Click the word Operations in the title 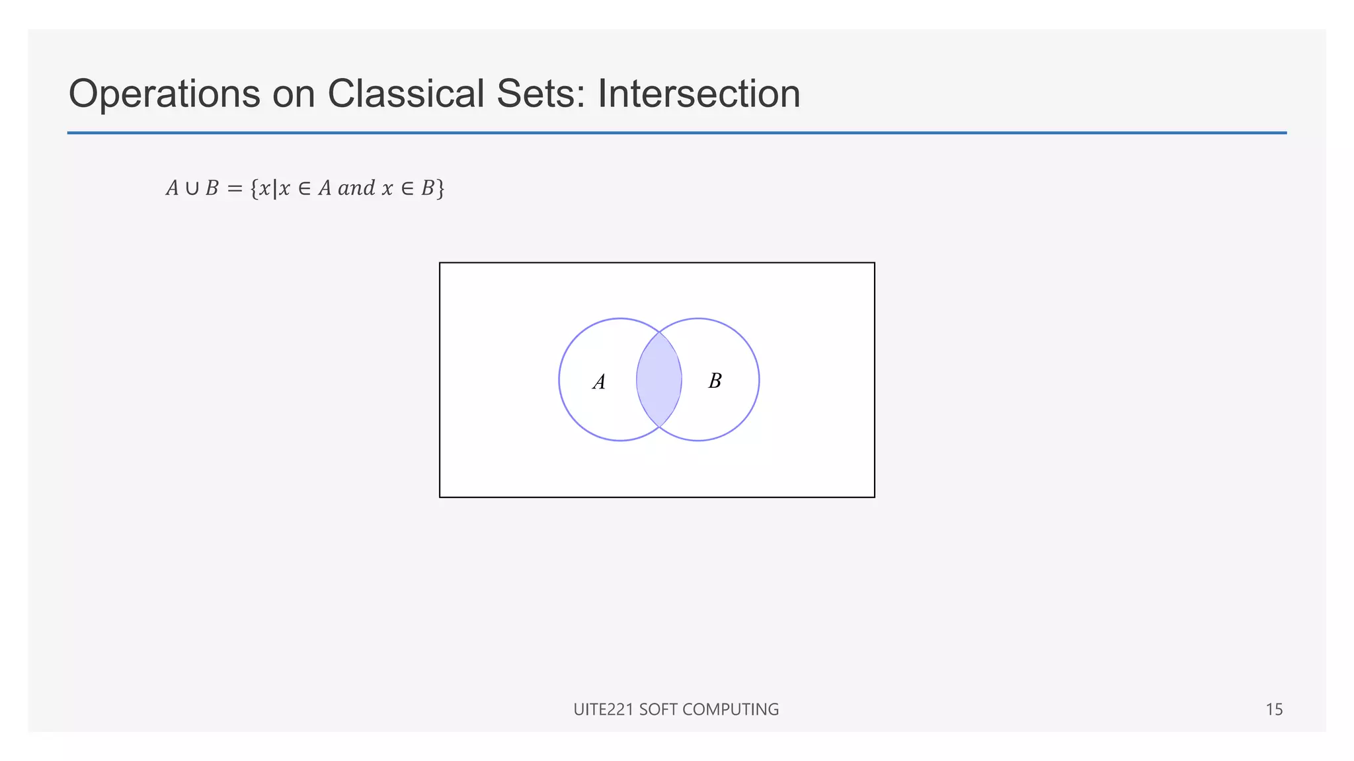pos(164,94)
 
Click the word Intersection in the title pos(699,94)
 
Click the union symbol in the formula pos(192,189)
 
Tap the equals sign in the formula pos(235,189)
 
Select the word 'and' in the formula pos(356,189)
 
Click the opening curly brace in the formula pos(254,189)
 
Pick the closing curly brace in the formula pos(440,189)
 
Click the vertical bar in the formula pos(274,189)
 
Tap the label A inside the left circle pos(599,382)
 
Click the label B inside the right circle pos(715,380)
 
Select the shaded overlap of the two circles pos(659,380)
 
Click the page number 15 pos(1274,709)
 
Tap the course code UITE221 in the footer pos(604,709)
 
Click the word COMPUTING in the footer pos(731,709)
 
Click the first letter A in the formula pos(173,189)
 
